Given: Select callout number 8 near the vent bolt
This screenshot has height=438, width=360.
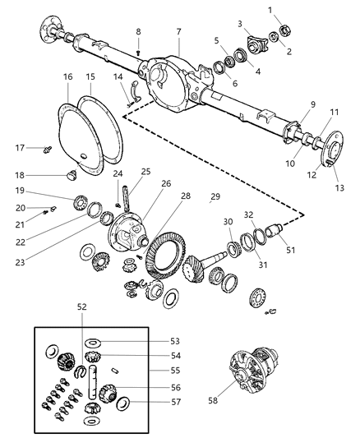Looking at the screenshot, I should [138, 32].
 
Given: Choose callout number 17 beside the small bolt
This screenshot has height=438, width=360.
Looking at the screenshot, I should [19, 148].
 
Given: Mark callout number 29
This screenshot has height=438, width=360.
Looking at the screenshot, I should [215, 197].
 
